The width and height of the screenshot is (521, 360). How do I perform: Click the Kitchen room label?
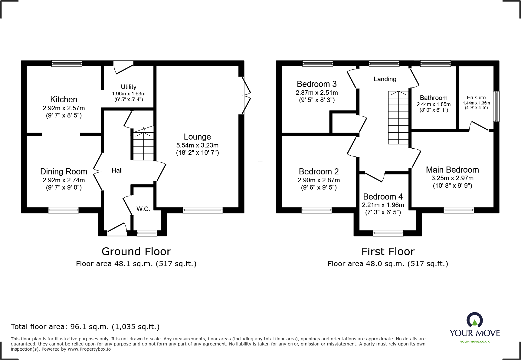click(x=64, y=99)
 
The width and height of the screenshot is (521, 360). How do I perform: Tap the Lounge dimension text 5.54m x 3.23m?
click(x=197, y=145)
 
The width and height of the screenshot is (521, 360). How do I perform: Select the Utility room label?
click(x=129, y=87)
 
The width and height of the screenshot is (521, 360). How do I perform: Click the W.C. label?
click(x=143, y=209)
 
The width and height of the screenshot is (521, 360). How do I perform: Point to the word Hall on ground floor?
click(x=117, y=170)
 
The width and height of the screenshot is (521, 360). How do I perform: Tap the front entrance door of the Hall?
click(x=117, y=230)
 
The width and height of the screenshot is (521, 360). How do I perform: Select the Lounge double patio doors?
click(x=247, y=95)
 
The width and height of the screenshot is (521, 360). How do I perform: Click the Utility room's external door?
click(x=123, y=67)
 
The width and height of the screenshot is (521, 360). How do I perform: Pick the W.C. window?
click(x=147, y=233)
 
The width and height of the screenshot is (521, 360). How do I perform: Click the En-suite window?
click(x=496, y=107)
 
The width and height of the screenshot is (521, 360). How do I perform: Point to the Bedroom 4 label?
click(x=383, y=197)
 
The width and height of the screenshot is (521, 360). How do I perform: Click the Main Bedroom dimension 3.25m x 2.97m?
click(x=452, y=178)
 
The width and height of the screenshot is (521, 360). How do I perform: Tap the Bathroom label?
click(x=433, y=98)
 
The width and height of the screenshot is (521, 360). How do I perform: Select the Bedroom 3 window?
click(x=317, y=63)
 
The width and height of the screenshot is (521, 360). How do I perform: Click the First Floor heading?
click(x=388, y=252)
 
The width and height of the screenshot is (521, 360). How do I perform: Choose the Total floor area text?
click(x=85, y=327)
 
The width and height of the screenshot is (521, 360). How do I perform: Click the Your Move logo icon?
click(x=474, y=320)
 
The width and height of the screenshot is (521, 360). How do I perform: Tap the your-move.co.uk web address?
click(x=474, y=342)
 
